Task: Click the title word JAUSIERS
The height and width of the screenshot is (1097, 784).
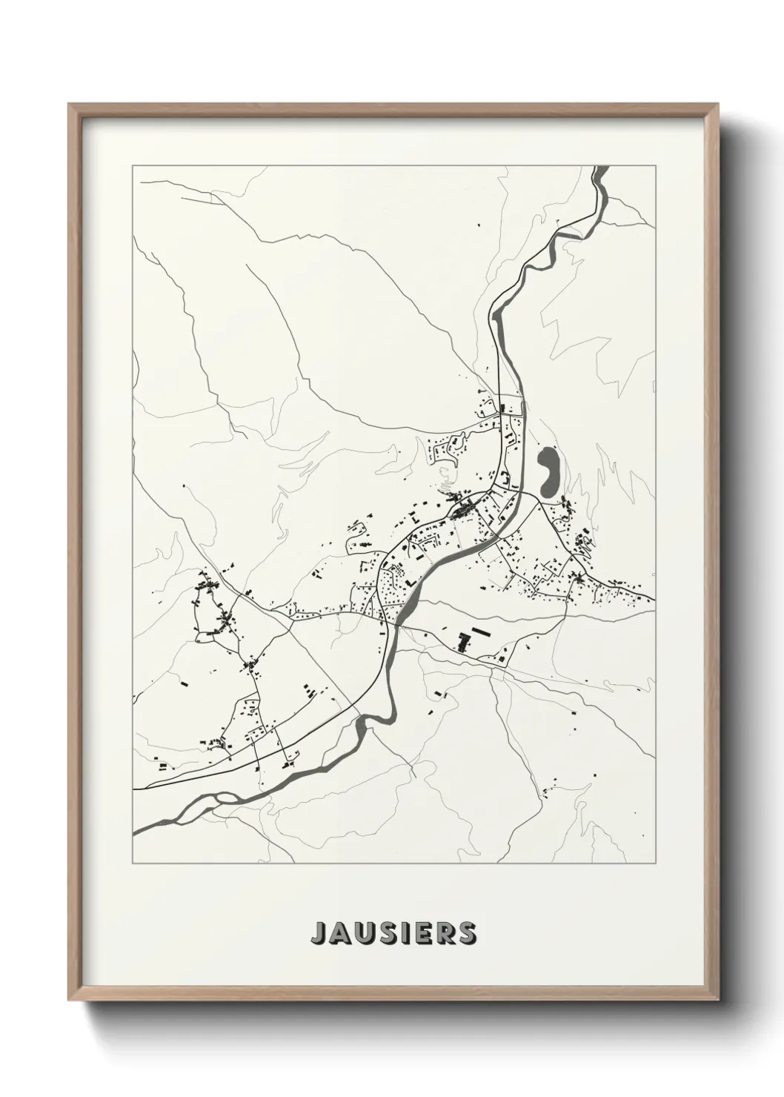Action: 393,933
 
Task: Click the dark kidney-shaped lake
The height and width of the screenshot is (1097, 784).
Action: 550,472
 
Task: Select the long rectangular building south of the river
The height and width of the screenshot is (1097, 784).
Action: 482,632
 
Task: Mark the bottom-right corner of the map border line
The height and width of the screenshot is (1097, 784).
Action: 655,864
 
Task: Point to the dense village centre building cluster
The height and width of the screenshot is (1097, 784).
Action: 464,510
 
